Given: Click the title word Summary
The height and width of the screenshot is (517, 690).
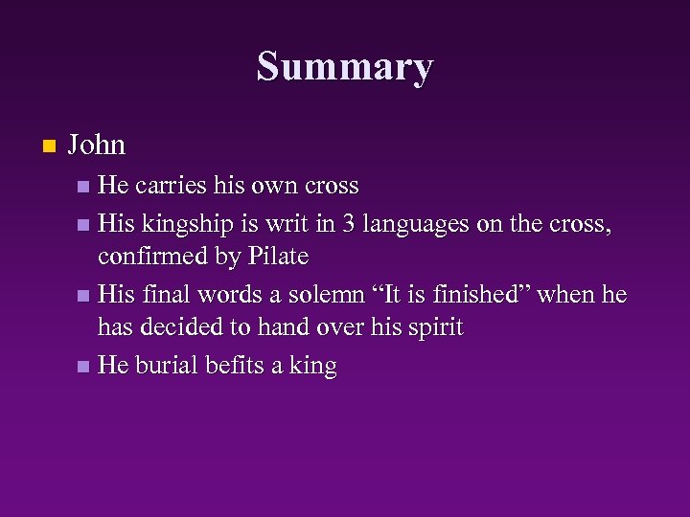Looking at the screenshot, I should [345, 68].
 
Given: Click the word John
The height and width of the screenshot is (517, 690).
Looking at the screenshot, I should [97, 145].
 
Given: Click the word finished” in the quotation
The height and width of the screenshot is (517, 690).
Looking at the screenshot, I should [486, 295].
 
